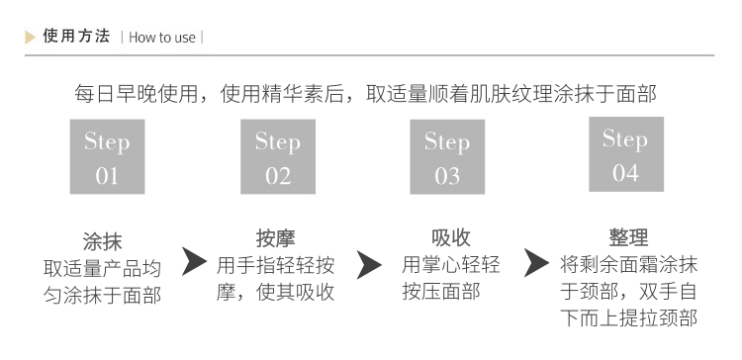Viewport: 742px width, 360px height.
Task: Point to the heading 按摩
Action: click(275, 238)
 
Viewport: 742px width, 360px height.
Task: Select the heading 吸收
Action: click(450, 238)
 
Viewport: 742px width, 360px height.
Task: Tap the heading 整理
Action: click(628, 238)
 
